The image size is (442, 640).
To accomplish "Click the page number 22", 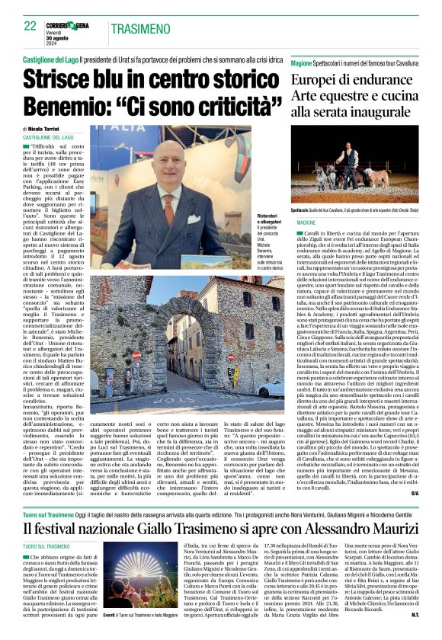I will pos(30,26).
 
